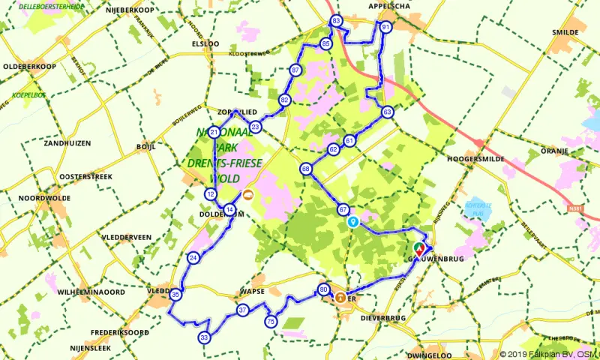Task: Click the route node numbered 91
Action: pos(385,27)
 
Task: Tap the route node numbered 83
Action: pos(336,21)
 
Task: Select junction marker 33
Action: pos(204,337)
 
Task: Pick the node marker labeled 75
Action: pos(271,322)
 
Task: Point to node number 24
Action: pos(193,259)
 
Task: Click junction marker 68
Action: pos(305,169)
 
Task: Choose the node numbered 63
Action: pos(387,112)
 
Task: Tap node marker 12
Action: pos(210,194)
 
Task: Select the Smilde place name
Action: pos(565,33)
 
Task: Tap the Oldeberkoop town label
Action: pos(30,67)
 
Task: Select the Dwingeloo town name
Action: pos(427,355)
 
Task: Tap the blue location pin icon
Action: pos(352,222)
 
